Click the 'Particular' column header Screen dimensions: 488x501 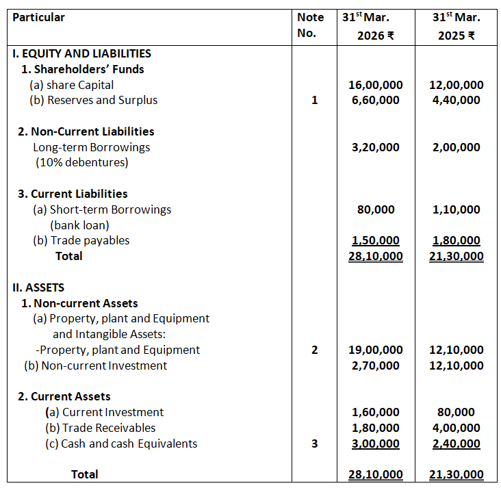click(38, 17)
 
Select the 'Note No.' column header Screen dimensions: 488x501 click(311, 25)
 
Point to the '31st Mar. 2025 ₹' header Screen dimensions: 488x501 click(457, 26)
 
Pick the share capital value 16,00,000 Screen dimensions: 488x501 click(376, 85)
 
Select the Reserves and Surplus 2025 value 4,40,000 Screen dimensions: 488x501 click(457, 101)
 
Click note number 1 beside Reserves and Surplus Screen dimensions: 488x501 click(314, 101)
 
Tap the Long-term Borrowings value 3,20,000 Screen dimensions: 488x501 click(376, 147)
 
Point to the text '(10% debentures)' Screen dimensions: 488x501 click(81, 163)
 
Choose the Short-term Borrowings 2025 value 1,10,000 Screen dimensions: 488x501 click(457, 209)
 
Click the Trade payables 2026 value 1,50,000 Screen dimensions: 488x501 click(376, 241)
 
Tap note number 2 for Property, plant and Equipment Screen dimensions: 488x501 click(314, 350)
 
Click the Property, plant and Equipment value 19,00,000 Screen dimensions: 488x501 click(376, 350)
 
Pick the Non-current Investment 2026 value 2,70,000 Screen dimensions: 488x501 click(376, 365)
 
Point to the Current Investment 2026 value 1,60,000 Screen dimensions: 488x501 click(376, 412)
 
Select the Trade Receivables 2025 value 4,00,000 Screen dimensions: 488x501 click(457, 428)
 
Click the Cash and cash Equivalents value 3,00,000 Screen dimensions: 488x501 click(376, 444)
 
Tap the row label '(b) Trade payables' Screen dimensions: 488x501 click(81, 240)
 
